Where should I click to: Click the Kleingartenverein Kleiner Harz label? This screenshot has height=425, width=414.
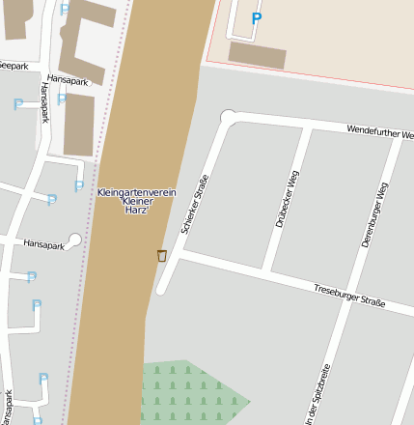pyautogui.click(x=136, y=201)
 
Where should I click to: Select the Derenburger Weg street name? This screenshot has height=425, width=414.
pyautogui.click(x=374, y=215)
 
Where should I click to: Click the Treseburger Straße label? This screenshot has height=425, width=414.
pyautogui.click(x=349, y=296)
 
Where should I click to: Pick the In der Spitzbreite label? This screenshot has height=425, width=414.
pyautogui.click(x=317, y=394)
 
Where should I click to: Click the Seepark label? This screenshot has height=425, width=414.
pyautogui.click(x=14, y=66)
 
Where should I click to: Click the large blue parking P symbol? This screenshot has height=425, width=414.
pyautogui.click(x=256, y=17)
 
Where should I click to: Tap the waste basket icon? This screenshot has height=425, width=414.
pyautogui.click(x=161, y=255)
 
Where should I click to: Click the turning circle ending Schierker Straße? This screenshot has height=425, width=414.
pyautogui.click(x=229, y=118)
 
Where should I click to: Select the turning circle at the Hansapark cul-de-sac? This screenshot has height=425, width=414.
pyautogui.click(x=75, y=241)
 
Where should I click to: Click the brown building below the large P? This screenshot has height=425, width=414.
pyautogui.click(x=257, y=55)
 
